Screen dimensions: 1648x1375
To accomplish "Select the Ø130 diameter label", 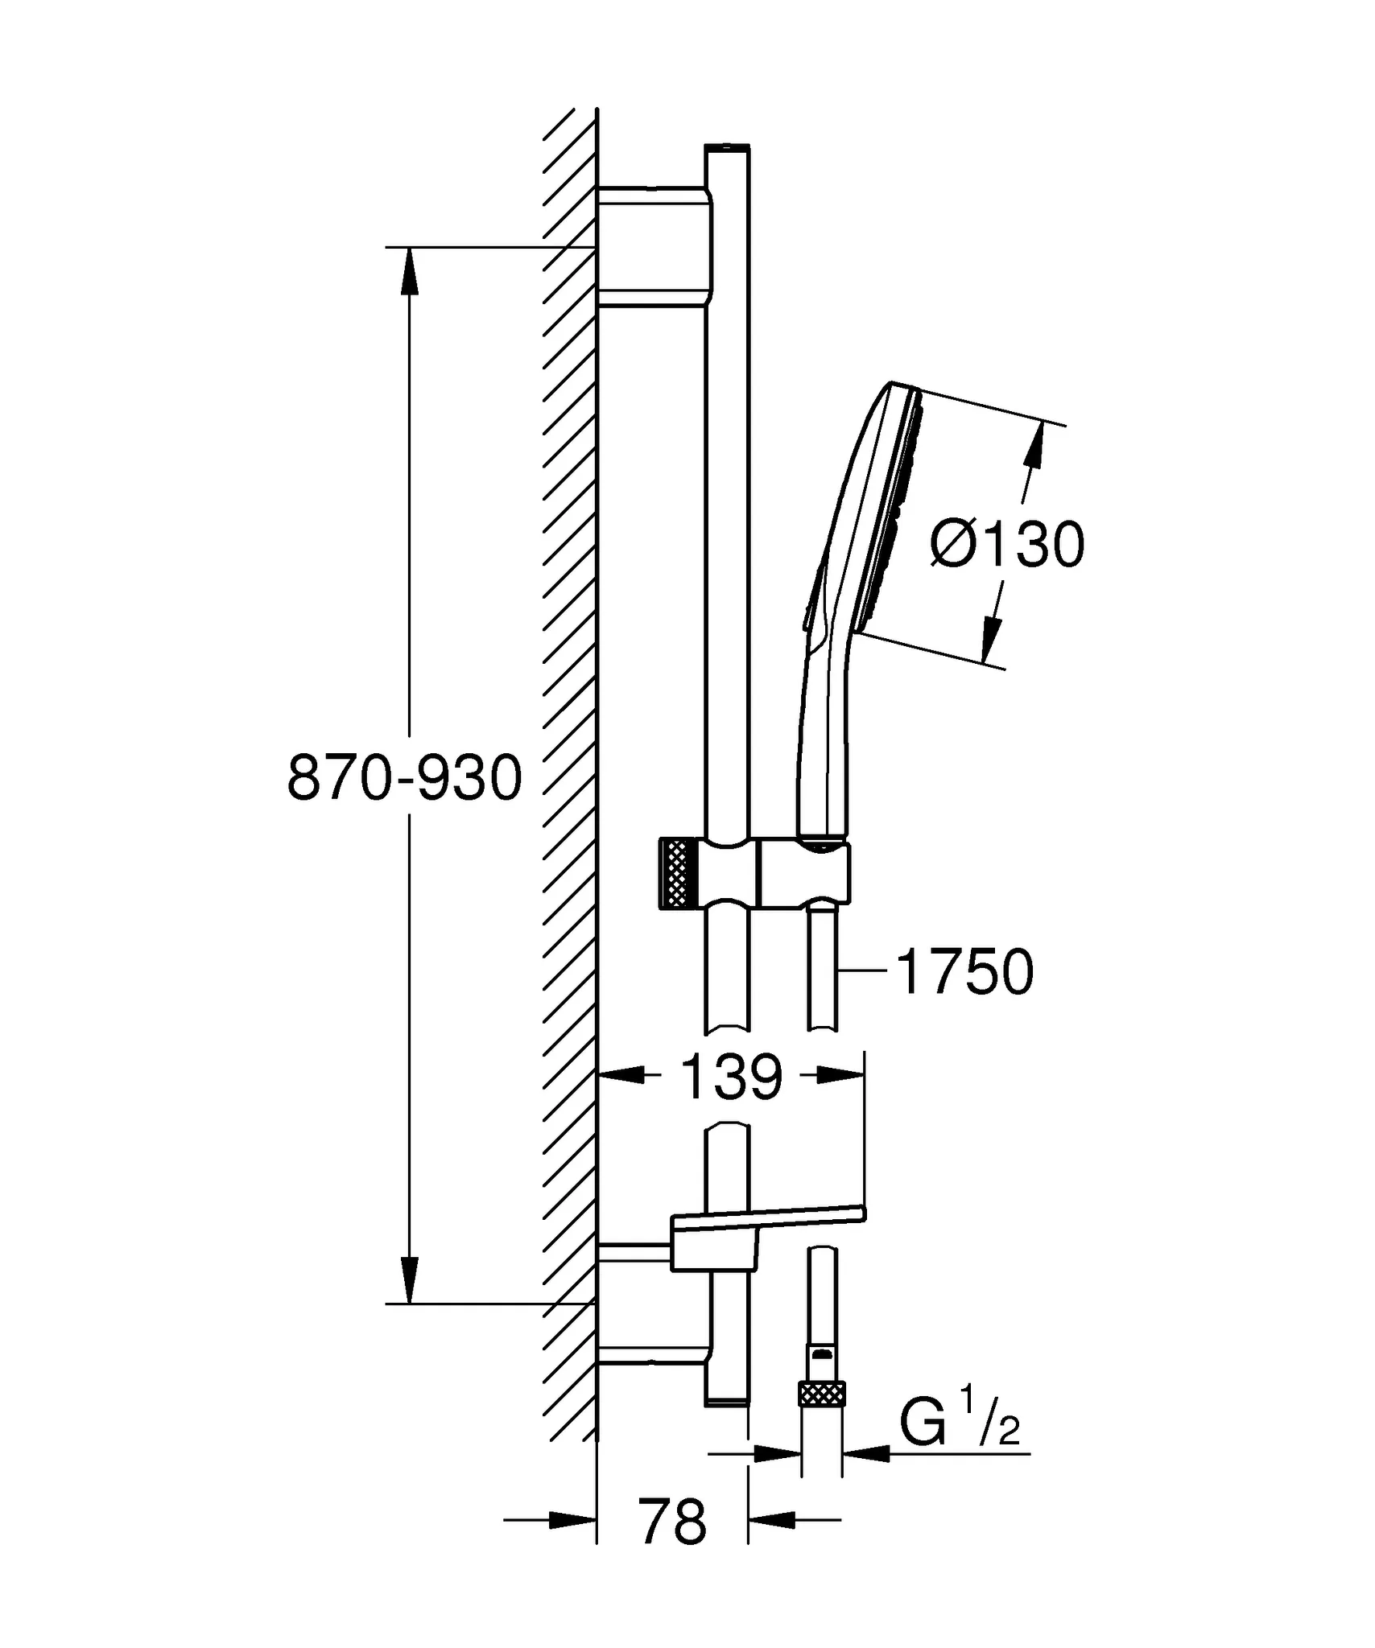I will click(x=1006, y=546).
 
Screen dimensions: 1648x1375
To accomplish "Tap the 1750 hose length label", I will click(x=964, y=972).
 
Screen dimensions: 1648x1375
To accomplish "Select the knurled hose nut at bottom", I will click(x=821, y=1391).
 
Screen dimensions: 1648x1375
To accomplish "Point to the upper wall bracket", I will click(x=654, y=247).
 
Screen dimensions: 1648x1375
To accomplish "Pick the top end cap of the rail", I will click(x=727, y=148).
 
